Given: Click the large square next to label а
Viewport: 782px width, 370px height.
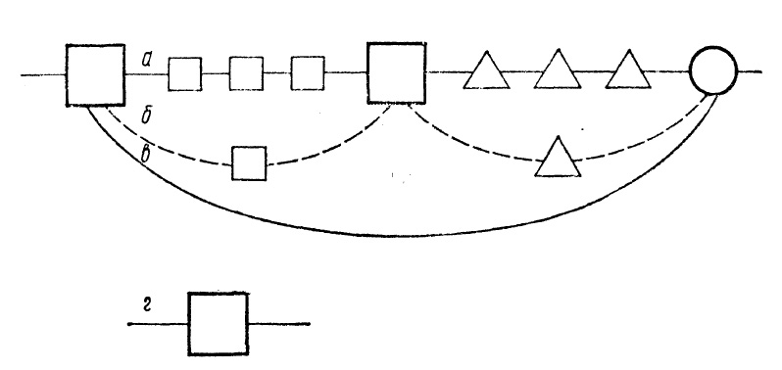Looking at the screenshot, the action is (95, 75).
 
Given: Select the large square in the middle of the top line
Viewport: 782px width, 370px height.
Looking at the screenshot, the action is (397, 73).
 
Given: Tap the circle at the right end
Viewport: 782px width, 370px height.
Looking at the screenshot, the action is (713, 70).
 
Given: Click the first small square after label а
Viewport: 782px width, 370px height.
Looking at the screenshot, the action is (185, 74).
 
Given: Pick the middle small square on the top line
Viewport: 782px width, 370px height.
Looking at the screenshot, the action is (246, 73).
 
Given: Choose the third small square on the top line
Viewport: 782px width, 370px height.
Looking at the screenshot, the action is (308, 73).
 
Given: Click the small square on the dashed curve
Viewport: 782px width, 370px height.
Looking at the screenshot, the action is (249, 163).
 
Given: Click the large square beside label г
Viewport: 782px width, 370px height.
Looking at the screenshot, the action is (218, 324).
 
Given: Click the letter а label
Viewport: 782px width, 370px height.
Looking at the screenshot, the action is (146, 61).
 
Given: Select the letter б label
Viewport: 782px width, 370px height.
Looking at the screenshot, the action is (146, 116).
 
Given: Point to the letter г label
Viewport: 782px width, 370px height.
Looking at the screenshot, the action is (147, 306).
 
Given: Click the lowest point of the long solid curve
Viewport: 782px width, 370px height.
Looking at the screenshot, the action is (394, 236).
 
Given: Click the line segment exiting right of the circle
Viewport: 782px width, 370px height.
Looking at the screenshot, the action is (750, 71).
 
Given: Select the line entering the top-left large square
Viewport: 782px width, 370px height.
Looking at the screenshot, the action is (43, 75).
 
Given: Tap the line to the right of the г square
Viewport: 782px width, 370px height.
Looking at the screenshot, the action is (278, 324).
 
